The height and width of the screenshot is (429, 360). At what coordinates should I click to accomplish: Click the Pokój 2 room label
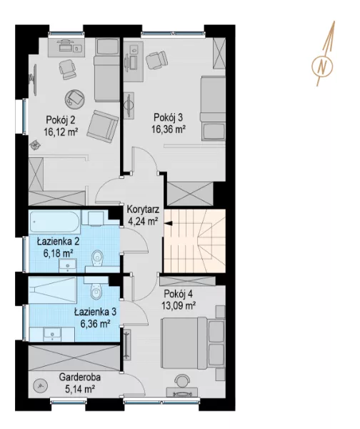click(61, 120)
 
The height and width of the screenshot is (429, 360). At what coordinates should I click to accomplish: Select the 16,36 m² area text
click(169, 129)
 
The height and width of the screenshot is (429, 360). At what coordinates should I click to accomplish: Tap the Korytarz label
click(143, 209)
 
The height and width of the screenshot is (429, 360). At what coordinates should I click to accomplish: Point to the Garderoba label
click(80, 377)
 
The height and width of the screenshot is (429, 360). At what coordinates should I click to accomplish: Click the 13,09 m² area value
click(179, 305)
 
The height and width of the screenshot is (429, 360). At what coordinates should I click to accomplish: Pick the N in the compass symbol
click(324, 66)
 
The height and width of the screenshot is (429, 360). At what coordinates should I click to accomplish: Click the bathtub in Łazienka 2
click(54, 222)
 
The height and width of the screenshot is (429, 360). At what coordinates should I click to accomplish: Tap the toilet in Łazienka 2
click(97, 258)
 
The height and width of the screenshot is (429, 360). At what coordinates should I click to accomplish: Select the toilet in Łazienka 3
click(96, 291)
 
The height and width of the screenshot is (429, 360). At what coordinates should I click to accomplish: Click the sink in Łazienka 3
click(52, 335)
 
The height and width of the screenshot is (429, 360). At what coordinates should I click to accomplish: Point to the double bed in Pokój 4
click(193, 342)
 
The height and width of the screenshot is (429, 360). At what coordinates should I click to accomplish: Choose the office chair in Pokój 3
click(156, 60)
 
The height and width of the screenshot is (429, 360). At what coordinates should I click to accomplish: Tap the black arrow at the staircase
click(169, 224)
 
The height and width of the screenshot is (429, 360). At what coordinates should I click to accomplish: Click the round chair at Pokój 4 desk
click(182, 380)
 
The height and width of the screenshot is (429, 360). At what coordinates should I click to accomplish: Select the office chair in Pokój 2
click(67, 69)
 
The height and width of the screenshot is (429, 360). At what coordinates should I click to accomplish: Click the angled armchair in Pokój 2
click(103, 127)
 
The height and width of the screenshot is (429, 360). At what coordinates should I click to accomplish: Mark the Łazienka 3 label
click(96, 312)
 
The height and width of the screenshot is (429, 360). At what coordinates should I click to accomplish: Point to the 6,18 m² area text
click(58, 253)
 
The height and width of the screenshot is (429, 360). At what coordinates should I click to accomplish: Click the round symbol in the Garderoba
click(40, 386)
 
